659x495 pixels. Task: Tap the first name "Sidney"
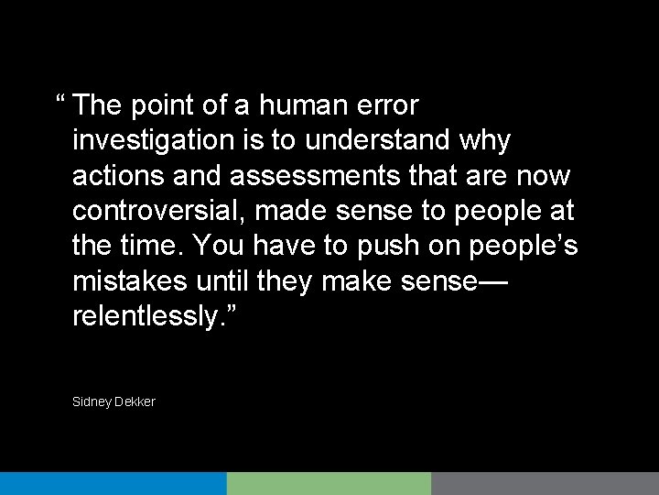91,401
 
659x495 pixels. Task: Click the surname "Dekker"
135,401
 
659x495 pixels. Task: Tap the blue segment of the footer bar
113,483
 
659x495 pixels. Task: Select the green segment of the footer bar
329,483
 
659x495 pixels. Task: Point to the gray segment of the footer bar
545,483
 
